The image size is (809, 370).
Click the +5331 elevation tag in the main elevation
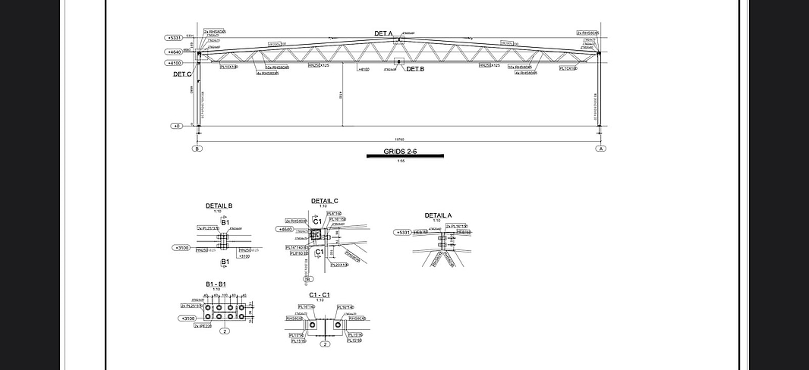tap(175, 37)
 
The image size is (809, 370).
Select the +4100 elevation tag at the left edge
tap(175, 64)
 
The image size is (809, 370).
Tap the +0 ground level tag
tap(177, 126)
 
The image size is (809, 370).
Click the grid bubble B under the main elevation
tap(198, 149)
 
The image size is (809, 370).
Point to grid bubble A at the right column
tap(601, 149)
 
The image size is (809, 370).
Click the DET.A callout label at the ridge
tap(383, 33)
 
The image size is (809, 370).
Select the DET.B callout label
tap(415, 69)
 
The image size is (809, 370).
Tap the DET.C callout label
tap(182, 74)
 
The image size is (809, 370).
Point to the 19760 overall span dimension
tap(399, 140)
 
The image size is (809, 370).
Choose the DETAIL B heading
tap(219, 205)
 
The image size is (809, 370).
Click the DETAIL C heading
tap(324, 201)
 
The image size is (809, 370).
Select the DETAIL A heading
tap(438, 215)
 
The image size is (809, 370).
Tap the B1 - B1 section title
tap(216, 284)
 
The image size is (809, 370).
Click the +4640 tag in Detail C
tap(285, 229)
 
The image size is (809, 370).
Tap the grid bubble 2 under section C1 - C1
tap(325, 344)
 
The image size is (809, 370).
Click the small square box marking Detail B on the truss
tap(398, 62)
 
